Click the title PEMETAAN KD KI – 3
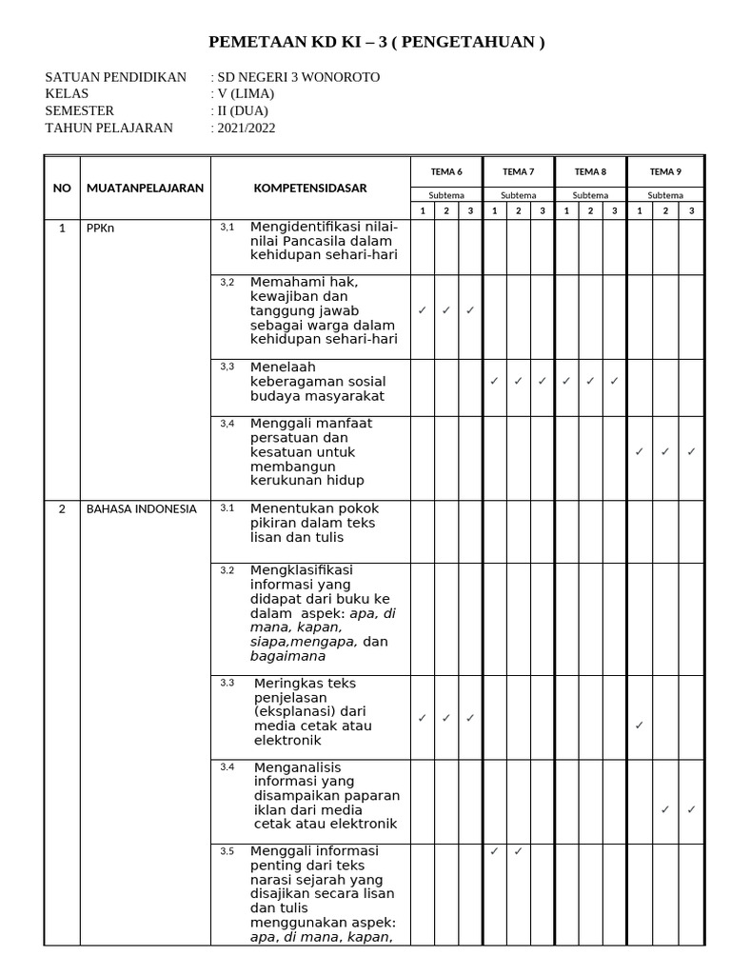(376, 43)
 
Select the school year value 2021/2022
(246, 128)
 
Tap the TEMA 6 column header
(446, 171)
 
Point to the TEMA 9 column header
(664, 171)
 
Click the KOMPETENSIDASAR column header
(309, 188)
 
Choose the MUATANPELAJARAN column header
(145, 188)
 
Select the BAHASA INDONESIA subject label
(141, 508)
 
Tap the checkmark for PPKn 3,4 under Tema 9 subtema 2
(664, 451)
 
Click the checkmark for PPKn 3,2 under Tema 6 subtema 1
(422, 310)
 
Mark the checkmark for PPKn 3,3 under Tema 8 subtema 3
(614, 381)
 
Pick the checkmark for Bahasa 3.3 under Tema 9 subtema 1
(639, 726)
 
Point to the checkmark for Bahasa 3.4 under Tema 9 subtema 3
(691, 809)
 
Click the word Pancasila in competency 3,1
(328, 241)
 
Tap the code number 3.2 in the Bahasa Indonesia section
(227, 570)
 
